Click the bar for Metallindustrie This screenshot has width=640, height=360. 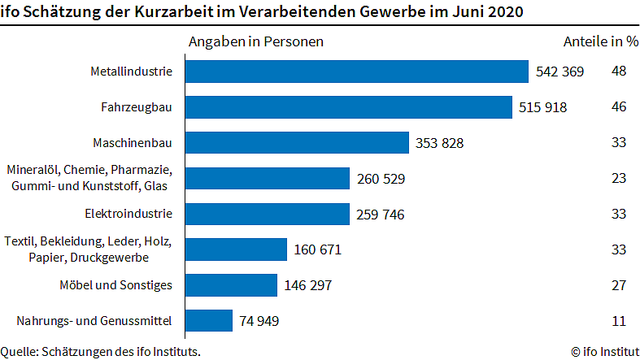pyautogui.click(x=356, y=72)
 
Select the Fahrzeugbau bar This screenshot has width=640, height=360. pyautogui.click(x=348, y=107)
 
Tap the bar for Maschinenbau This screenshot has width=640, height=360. pyautogui.click(x=296, y=143)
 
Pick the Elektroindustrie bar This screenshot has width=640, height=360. pyautogui.click(x=267, y=215)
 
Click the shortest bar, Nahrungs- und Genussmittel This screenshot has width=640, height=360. pyautogui.click(x=208, y=321)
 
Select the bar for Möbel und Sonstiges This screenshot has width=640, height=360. pyautogui.click(x=231, y=285)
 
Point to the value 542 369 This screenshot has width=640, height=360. pyautogui.click(x=559, y=72)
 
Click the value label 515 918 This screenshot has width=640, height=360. pyautogui.click(x=542, y=107)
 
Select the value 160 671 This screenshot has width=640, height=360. pyautogui.click(x=318, y=250)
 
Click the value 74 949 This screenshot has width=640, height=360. pyautogui.click(x=259, y=321)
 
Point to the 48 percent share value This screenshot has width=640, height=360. pyautogui.click(x=619, y=72)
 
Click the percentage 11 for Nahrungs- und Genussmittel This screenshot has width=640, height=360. pyautogui.click(x=619, y=321)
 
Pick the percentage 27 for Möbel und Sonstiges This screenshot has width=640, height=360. pyautogui.click(x=619, y=285)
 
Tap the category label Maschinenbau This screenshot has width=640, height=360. pyautogui.click(x=139, y=143)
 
